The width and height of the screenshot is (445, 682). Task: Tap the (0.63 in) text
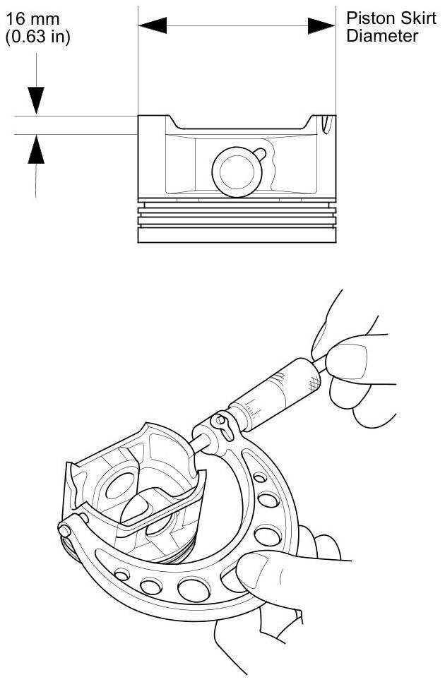point(37,36)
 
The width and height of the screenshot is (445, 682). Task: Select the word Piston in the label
point(367,18)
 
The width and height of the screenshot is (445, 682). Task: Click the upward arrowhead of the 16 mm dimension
point(35,148)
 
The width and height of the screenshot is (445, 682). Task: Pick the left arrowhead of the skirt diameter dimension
point(153,26)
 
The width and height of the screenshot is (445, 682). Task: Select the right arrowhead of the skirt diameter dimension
point(321,26)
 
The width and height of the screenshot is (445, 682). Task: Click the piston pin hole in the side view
point(237,171)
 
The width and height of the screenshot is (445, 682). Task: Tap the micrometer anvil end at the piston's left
point(65,527)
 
